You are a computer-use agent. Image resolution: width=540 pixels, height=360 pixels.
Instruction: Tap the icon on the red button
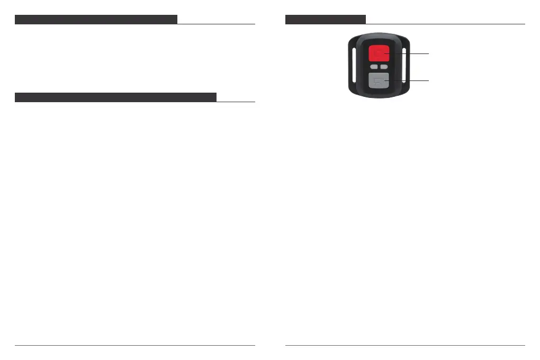[x=378, y=53]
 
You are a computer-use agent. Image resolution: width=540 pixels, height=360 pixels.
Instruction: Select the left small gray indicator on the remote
[x=373, y=67]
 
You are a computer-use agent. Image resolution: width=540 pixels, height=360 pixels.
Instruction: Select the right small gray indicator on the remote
[x=383, y=67]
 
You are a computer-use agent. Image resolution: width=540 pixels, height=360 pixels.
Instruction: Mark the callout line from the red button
[x=410, y=53]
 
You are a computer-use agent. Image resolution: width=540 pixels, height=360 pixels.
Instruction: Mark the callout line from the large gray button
[x=410, y=80]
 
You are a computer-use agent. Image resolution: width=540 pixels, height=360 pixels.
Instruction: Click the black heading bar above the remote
[x=325, y=20]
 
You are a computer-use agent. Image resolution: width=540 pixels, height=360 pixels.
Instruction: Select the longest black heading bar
[x=115, y=97]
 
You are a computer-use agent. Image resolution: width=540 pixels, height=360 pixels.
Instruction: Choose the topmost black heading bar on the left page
[x=95, y=20]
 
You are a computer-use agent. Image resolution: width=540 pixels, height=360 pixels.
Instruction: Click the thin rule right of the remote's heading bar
[x=445, y=24]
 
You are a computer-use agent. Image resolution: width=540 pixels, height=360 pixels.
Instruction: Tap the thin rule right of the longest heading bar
[x=236, y=102]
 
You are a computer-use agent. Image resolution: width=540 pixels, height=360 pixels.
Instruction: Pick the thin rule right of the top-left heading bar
[x=216, y=24]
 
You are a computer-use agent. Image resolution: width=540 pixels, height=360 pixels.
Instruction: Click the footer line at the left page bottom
[x=134, y=346]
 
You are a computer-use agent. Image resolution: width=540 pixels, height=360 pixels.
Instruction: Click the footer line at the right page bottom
[x=405, y=346]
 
